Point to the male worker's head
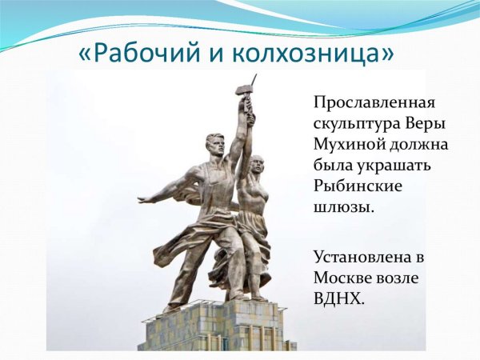215,146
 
